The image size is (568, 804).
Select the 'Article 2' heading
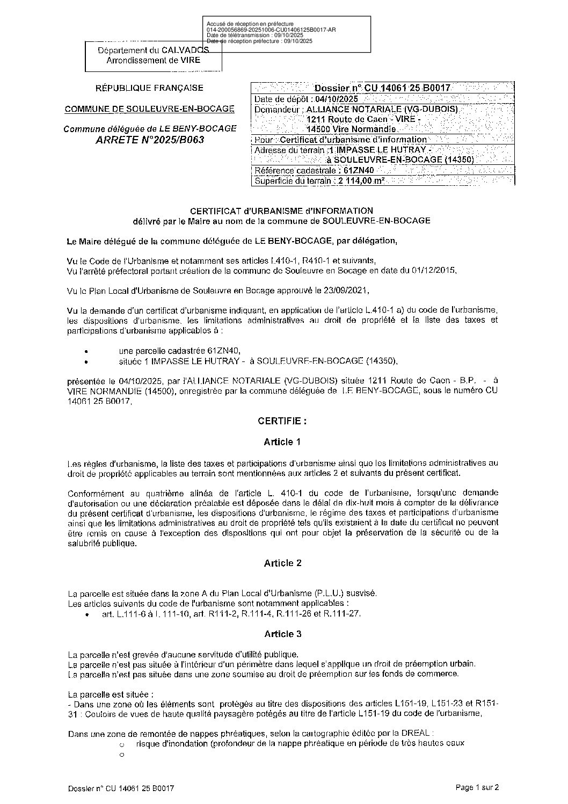[282, 563]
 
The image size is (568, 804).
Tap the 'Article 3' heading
[282, 634]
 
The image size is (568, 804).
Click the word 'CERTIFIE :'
[282, 421]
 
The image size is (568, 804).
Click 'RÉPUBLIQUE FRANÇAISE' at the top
[149, 88]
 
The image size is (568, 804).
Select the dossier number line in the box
[382, 88]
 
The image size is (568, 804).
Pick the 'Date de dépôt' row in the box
[306, 99]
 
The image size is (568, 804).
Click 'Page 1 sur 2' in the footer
[477, 788]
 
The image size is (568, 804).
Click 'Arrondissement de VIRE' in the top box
[153, 60]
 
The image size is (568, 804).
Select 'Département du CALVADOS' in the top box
[153, 50]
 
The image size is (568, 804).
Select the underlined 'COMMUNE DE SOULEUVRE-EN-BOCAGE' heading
[149, 109]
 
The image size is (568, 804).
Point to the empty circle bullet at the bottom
[122, 755]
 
